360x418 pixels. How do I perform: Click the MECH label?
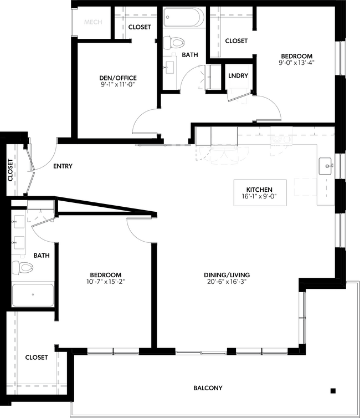tap(92, 23)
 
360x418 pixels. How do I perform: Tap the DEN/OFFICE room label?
tap(118, 78)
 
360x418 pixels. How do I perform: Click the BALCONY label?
tap(208, 388)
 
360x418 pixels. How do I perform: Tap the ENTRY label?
tap(63, 166)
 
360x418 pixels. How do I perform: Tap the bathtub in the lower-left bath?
tap(33, 295)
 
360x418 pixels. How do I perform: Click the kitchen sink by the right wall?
tap(326, 165)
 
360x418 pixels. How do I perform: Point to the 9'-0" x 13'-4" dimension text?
tap(297, 63)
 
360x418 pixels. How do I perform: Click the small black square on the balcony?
tap(333, 390)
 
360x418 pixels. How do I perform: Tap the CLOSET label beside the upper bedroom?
tap(236, 41)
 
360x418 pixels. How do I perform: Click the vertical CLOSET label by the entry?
tap(11, 170)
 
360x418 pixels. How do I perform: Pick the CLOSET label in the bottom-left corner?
tap(37, 358)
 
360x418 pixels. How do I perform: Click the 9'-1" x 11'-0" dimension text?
tap(118, 85)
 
